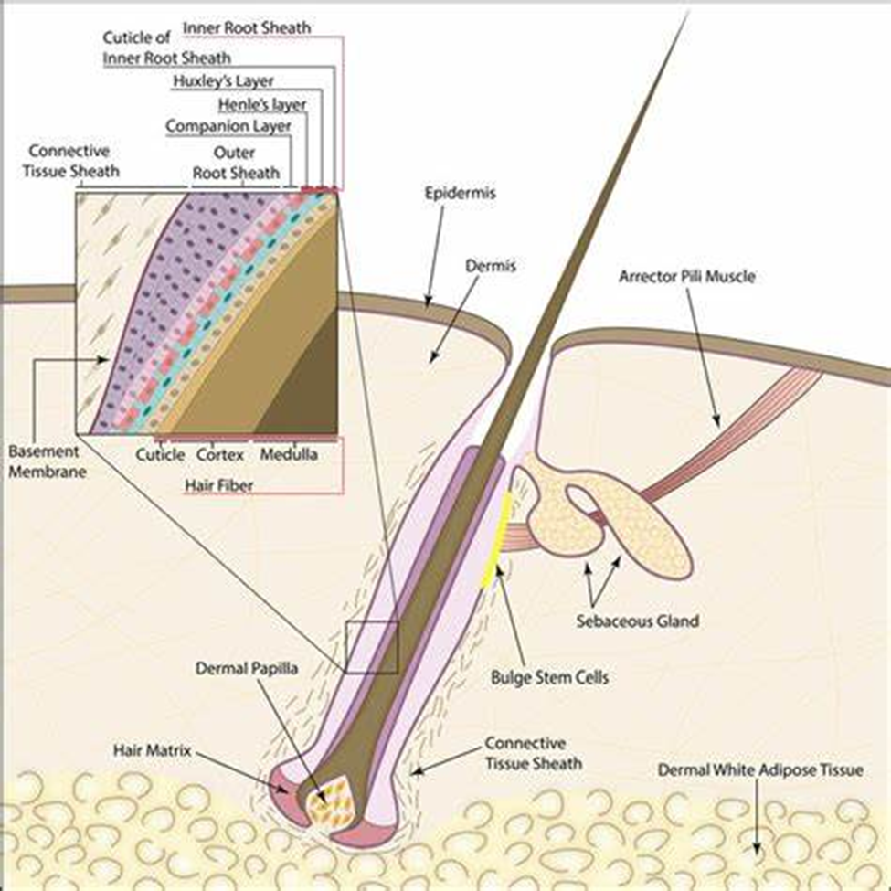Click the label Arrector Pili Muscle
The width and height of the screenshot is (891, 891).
[687, 275]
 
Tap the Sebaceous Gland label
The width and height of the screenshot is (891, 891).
[638, 621]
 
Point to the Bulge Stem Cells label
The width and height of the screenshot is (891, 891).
[549, 678]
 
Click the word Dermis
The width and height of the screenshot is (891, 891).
[492, 267]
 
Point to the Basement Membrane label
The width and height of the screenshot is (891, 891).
[44, 461]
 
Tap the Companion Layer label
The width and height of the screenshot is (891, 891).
[228, 125]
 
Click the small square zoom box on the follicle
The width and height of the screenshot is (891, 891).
[372, 646]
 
